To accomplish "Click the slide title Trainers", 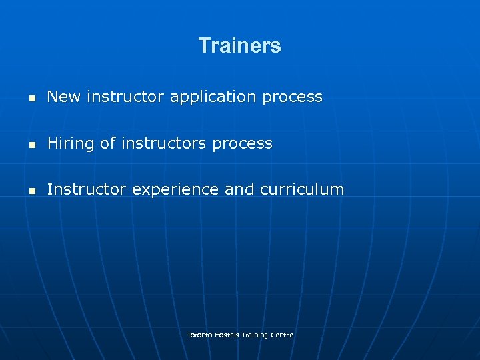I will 239,46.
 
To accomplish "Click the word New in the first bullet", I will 63,97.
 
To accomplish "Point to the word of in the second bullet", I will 107,143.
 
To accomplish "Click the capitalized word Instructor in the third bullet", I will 87,189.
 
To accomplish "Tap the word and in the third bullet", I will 239,189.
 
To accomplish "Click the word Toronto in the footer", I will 197,335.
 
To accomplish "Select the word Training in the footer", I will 255,335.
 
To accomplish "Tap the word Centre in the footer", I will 282,335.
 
